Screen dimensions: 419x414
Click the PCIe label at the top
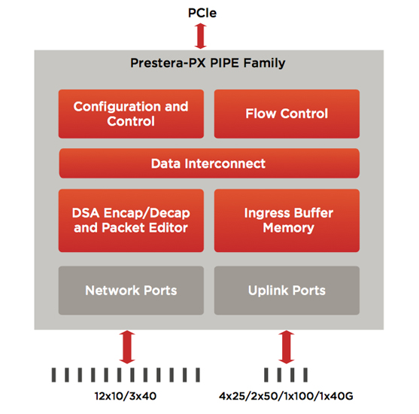coord(202,13)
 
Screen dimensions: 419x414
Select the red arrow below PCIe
coord(200,36)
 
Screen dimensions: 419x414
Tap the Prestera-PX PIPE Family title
coord(208,63)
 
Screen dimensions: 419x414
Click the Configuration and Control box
coord(131,114)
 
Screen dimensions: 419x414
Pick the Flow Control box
coord(287,114)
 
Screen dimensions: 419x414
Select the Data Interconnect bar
coord(209,163)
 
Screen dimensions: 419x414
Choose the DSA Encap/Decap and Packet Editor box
coord(131,221)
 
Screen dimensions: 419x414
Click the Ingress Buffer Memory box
coord(287,221)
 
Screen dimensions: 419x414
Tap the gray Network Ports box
coord(131,291)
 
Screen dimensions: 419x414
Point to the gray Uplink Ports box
coord(287,291)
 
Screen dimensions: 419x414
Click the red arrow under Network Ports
coord(127,347)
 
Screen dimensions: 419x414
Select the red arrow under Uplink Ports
coord(286,347)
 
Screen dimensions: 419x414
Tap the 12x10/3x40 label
coord(126,396)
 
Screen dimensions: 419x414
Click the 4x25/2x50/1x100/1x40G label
coord(286,396)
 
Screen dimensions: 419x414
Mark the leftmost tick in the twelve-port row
coord(53,375)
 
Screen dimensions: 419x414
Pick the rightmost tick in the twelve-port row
coord(198,375)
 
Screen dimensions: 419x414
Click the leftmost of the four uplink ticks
coord(266,375)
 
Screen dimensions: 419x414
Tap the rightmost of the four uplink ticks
coord(305,375)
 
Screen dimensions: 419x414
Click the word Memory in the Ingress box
coord(289,228)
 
